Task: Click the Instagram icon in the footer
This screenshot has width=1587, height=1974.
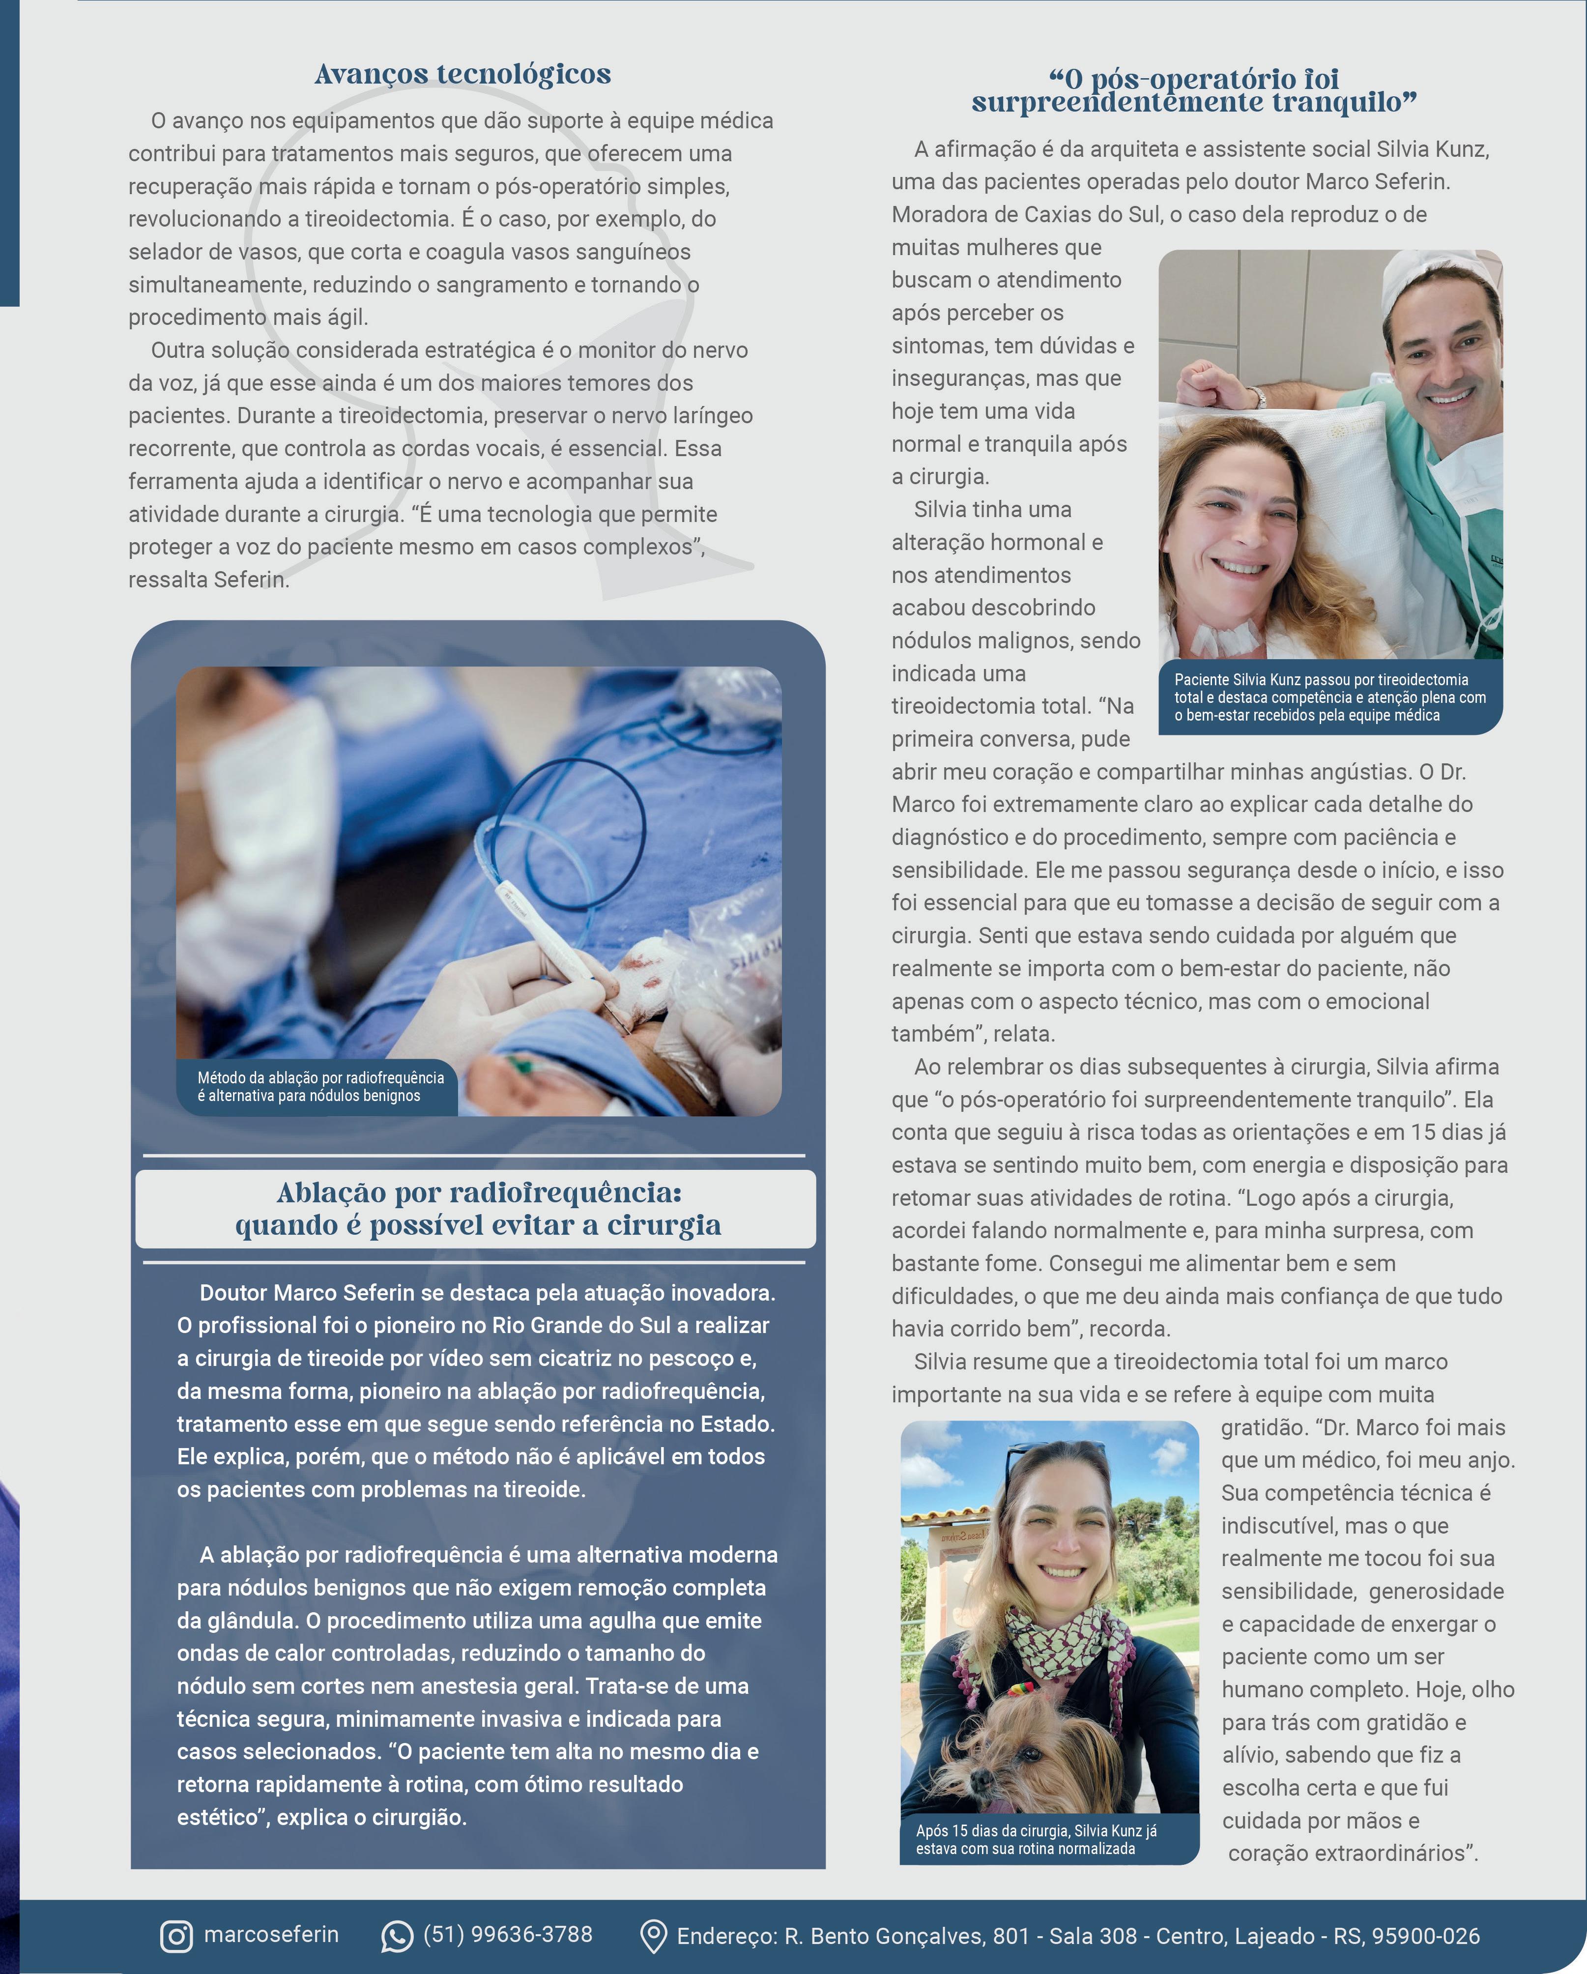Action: tap(176, 1937)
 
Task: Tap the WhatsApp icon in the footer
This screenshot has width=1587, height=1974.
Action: tap(397, 1937)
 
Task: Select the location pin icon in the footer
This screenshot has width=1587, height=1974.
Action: tap(652, 1937)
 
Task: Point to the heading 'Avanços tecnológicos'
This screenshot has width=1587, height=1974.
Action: tap(462, 74)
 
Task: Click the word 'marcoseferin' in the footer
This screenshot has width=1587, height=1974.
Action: tap(271, 1935)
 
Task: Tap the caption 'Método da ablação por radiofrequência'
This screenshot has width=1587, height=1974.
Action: tap(320, 1077)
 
